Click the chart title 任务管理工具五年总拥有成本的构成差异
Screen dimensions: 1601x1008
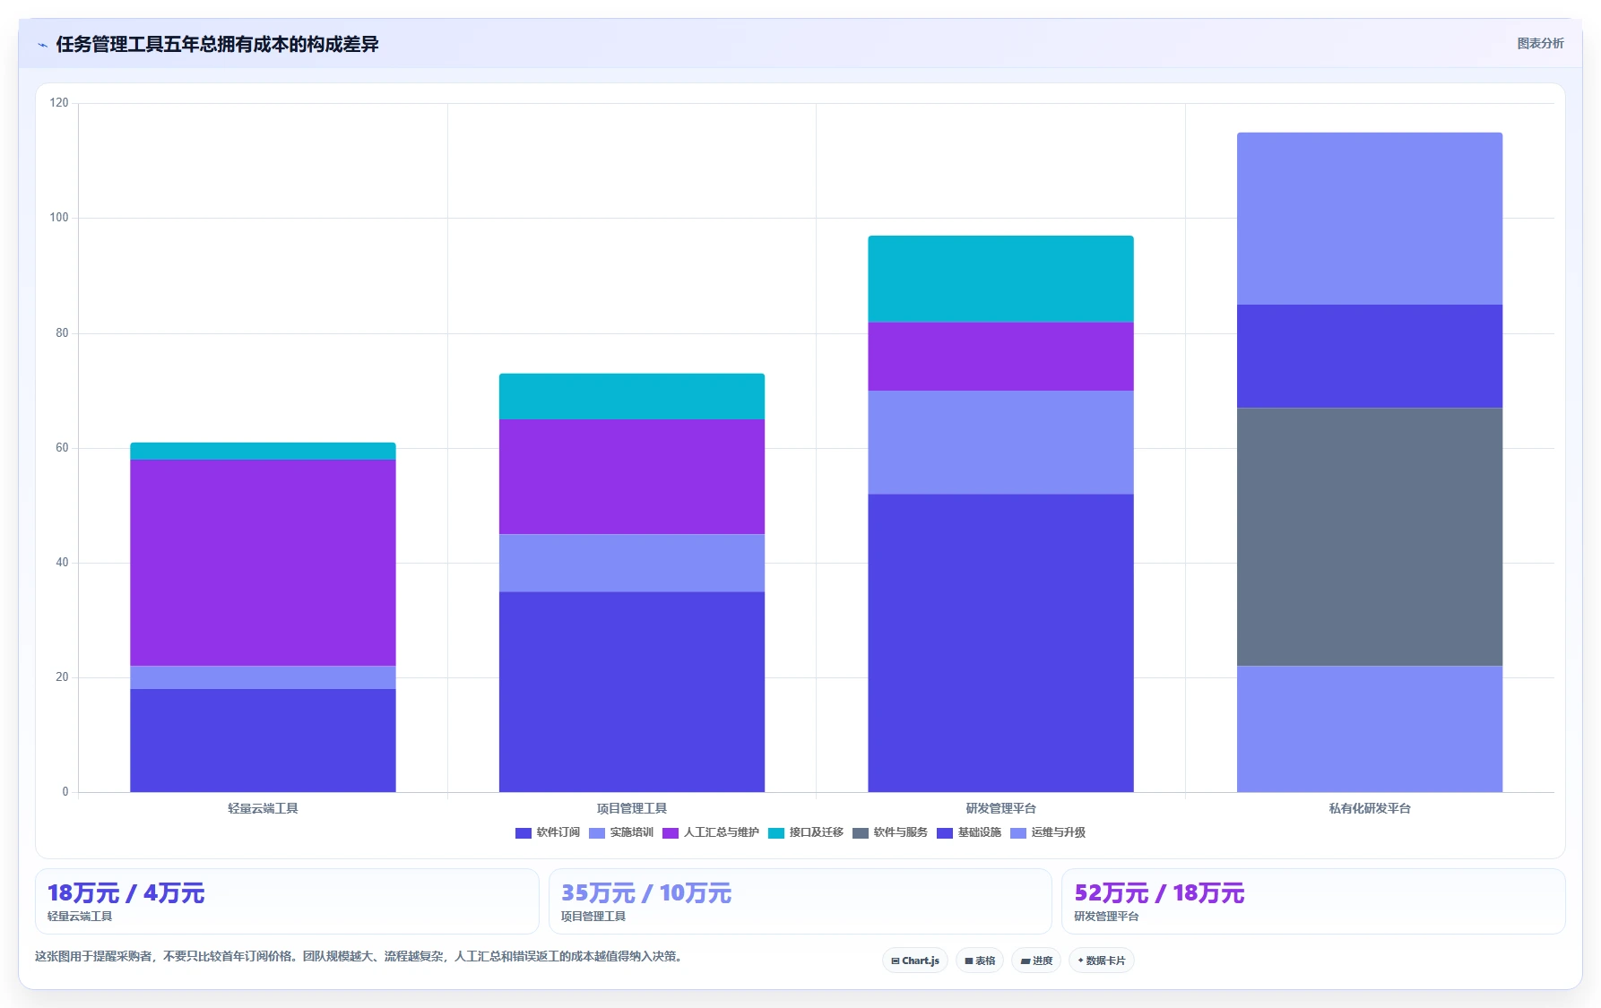(x=217, y=44)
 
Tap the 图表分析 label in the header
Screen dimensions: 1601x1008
(x=1540, y=43)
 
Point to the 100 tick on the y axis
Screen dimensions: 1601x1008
(x=59, y=218)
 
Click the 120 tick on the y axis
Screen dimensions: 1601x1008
(x=59, y=103)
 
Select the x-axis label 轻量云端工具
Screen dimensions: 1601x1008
(x=263, y=808)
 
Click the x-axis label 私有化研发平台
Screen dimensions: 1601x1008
(x=1370, y=808)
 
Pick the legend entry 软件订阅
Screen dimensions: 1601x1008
(x=548, y=832)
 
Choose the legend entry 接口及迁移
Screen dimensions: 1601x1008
(x=806, y=832)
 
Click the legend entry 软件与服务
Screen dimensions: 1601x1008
(x=890, y=832)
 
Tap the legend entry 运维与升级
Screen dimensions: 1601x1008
(x=1048, y=832)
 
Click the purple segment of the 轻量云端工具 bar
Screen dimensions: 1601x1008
(x=263, y=563)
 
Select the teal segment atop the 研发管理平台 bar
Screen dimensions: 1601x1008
(x=1000, y=279)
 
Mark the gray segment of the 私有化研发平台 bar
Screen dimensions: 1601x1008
(x=1370, y=537)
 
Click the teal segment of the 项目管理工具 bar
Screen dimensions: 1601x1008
(x=632, y=396)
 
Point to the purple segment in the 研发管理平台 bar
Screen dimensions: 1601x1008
(x=1000, y=357)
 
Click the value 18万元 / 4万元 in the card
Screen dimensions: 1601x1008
(x=125, y=893)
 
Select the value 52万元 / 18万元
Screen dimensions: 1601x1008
(x=1159, y=893)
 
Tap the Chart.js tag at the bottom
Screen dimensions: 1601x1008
(x=915, y=961)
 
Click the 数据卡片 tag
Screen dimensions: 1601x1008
(x=1102, y=961)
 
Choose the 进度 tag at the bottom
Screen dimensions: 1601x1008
(x=1036, y=961)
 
